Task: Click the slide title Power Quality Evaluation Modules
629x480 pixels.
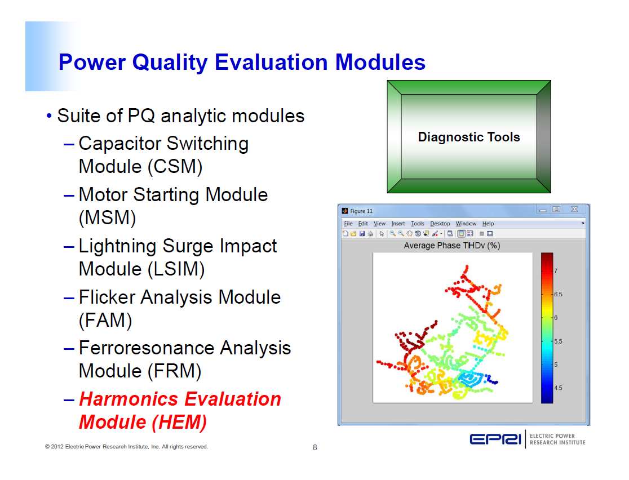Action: [x=242, y=62]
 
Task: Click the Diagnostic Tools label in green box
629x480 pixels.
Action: [x=468, y=137]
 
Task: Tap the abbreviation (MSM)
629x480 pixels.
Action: [x=107, y=218]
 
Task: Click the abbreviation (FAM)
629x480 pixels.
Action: [x=105, y=321]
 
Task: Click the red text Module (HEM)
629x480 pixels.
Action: [x=143, y=422]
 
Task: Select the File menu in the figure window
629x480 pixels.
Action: [x=348, y=224]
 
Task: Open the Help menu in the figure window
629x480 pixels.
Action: [x=488, y=224]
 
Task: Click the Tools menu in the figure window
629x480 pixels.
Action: [x=417, y=224]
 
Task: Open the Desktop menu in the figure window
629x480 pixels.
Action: [x=440, y=224]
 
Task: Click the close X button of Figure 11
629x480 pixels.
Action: [x=574, y=210]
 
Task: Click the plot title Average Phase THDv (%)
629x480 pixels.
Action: [x=452, y=246]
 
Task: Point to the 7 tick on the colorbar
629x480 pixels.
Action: [x=557, y=271]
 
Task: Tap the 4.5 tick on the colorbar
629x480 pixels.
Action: [x=559, y=388]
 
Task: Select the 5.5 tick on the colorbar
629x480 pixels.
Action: [x=559, y=341]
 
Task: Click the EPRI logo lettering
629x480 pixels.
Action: [x=495, y=439]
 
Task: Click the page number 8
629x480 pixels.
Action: [x=315, y=448]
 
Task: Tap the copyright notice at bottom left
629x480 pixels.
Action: [x=126, y=447]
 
